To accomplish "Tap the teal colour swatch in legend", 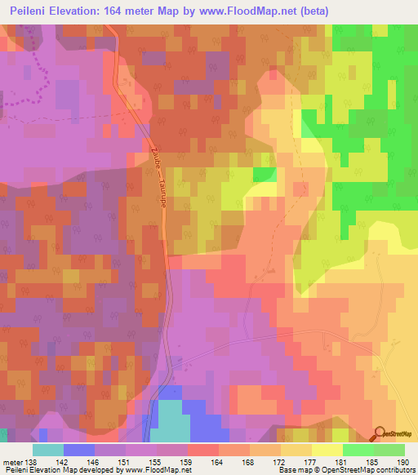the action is pos(48,450).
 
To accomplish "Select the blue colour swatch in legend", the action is pos(79,450).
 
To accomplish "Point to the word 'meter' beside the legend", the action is pos(11,462).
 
